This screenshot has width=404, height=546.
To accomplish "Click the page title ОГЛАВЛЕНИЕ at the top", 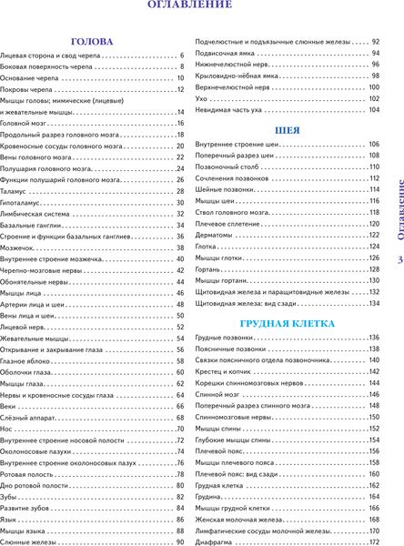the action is point(189,9).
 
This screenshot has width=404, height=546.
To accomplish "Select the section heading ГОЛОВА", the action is point(92,42).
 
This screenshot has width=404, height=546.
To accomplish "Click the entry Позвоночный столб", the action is point(223,167).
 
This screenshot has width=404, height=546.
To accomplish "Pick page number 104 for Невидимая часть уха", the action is point(373,109).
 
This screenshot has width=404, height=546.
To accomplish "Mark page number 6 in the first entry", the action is point(182,56).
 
